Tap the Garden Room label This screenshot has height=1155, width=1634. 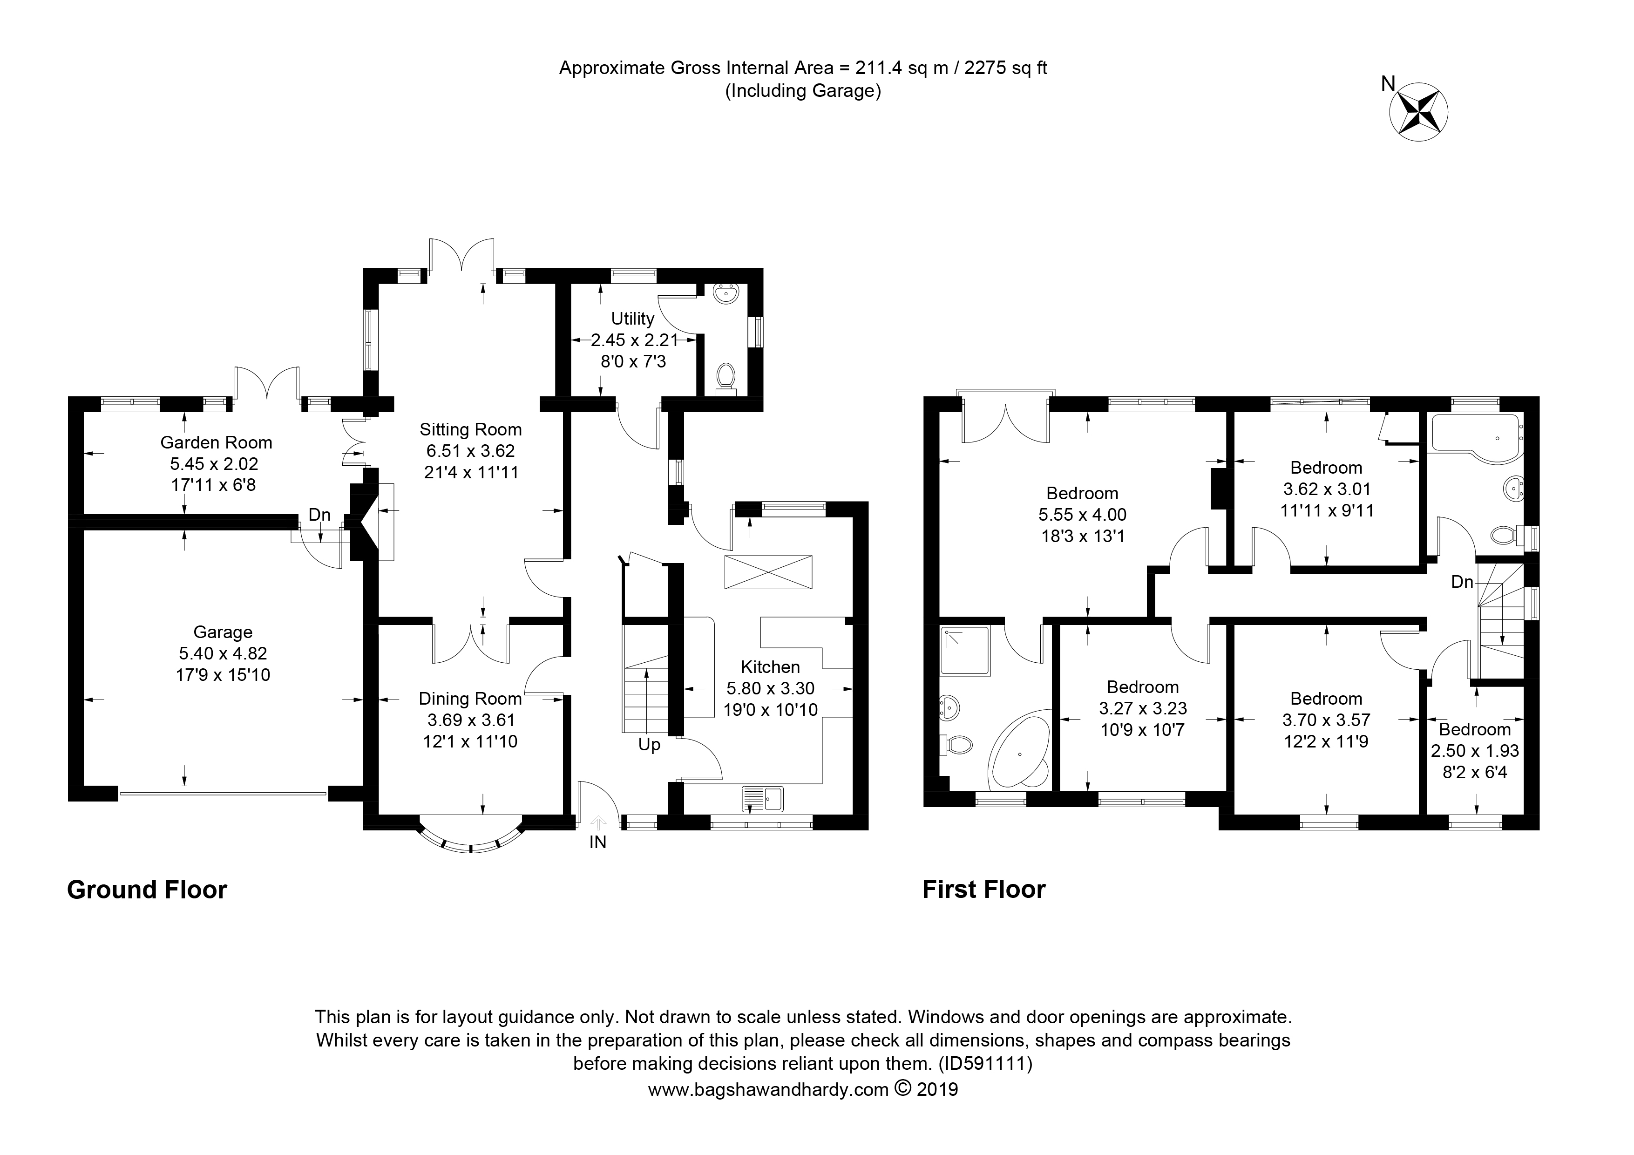pyautogui.click(x=217, y=442)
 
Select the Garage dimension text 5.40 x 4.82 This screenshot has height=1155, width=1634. pyautogui.click(x=223, y=653)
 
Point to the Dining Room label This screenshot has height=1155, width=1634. pyautogui.click(x=470, y=699)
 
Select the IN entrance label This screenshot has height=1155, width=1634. pyautogui.click(x=598, y=842)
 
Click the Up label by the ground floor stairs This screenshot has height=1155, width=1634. pyautogui.click(x=649, y=744)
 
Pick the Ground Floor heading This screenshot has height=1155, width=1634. pyautogui.click(x=147, y=890)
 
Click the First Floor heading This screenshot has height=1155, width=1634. pyautogui.click(x=984, y=890)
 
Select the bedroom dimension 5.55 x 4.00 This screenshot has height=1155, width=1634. pyautogui.click(x=1083, y=515)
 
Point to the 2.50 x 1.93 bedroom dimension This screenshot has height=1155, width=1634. pyautogui.click(x=1475, y=751)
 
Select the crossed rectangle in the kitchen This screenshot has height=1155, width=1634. pyautogui.click(x=768, y=572)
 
